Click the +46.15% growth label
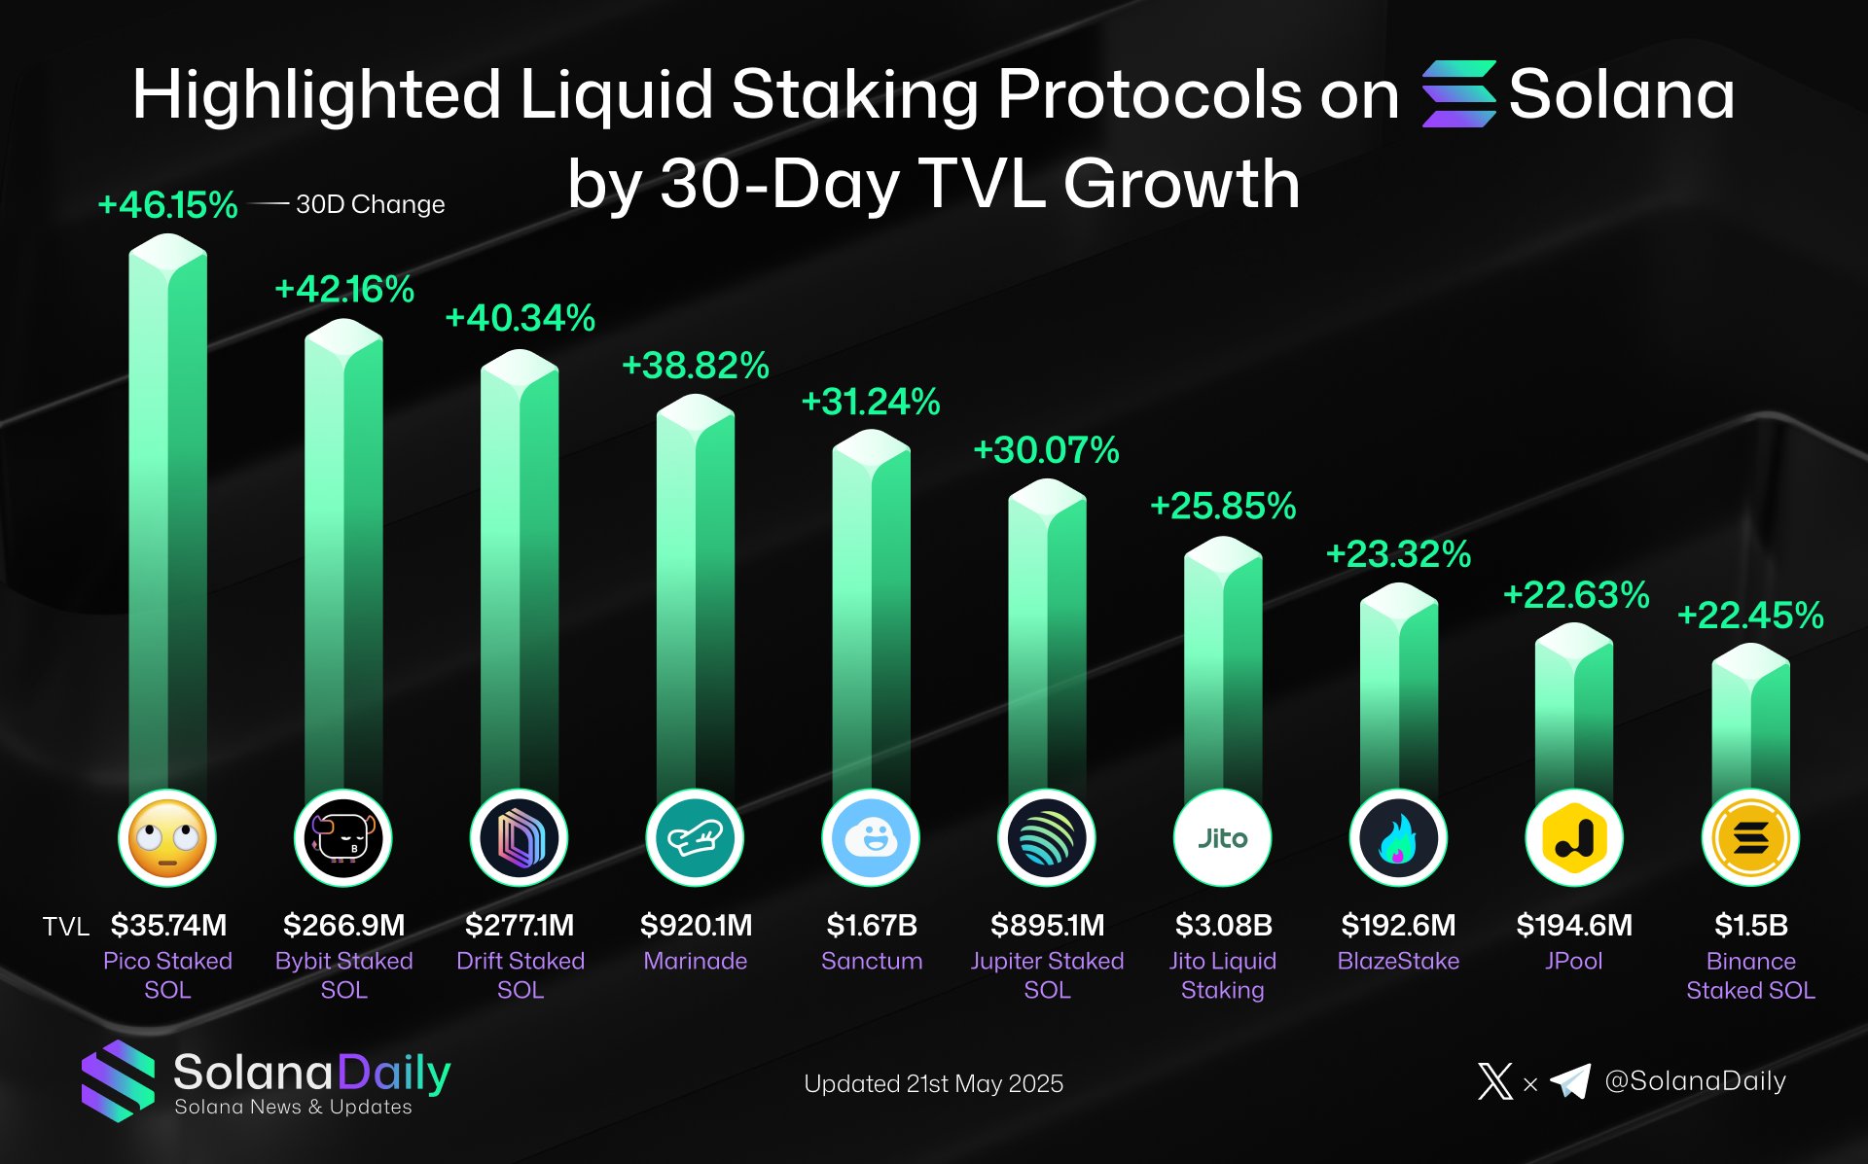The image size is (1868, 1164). tap(167, 205)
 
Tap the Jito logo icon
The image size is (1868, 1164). tap(1223, 838)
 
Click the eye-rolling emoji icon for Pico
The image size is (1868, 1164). tap(167, 838)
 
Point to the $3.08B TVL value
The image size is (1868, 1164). tap(1223, 925)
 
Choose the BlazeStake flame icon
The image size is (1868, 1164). tap(1398, 838)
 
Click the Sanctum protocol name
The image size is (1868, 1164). tap(872, 961)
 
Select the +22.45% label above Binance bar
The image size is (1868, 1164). tap(1750, 616)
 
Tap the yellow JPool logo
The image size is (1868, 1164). tap(1574, 838)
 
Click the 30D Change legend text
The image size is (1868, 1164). tap(370, 204)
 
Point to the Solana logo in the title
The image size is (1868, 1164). tap(1458, 94)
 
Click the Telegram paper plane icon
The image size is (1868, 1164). tap(1569, 1080)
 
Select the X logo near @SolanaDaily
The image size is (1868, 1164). tap(1494, 1080)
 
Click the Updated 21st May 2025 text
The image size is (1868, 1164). tap(933, 1083)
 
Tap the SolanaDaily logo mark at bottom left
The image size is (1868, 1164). tap(118, 1080)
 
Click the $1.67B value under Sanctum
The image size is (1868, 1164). tap(872, 925)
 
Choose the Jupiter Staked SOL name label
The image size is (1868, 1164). tap(1047, 974)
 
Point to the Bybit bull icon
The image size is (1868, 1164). tap(343, 838)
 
